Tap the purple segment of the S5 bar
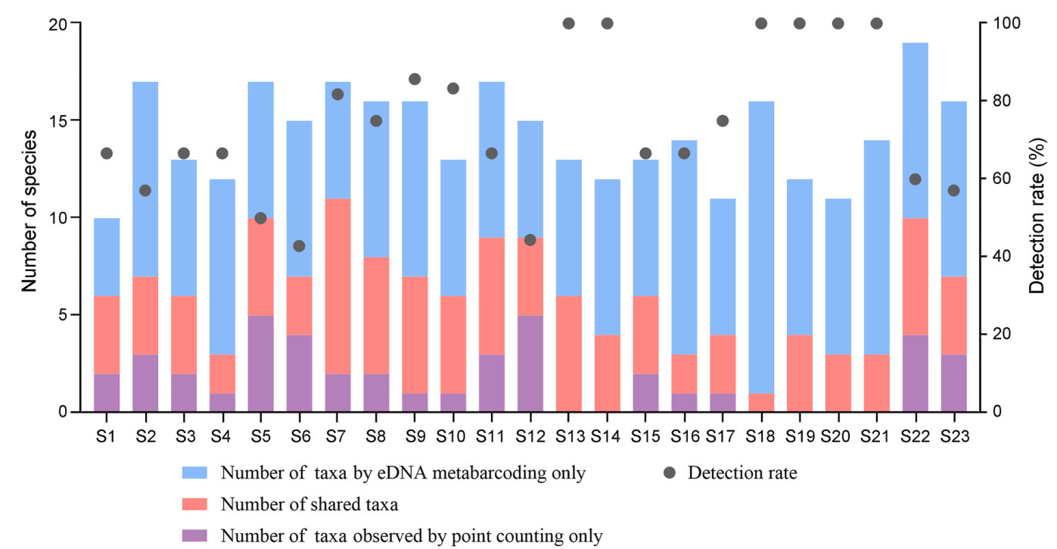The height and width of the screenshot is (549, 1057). click(x=260, y=363)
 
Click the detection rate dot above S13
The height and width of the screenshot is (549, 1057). click(x=569, y=23)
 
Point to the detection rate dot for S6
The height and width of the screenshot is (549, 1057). click(x=299, y=246)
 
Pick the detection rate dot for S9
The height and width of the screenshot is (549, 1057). click(x=415, y=79)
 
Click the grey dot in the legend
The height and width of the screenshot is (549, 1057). click(x=669, y=473)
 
